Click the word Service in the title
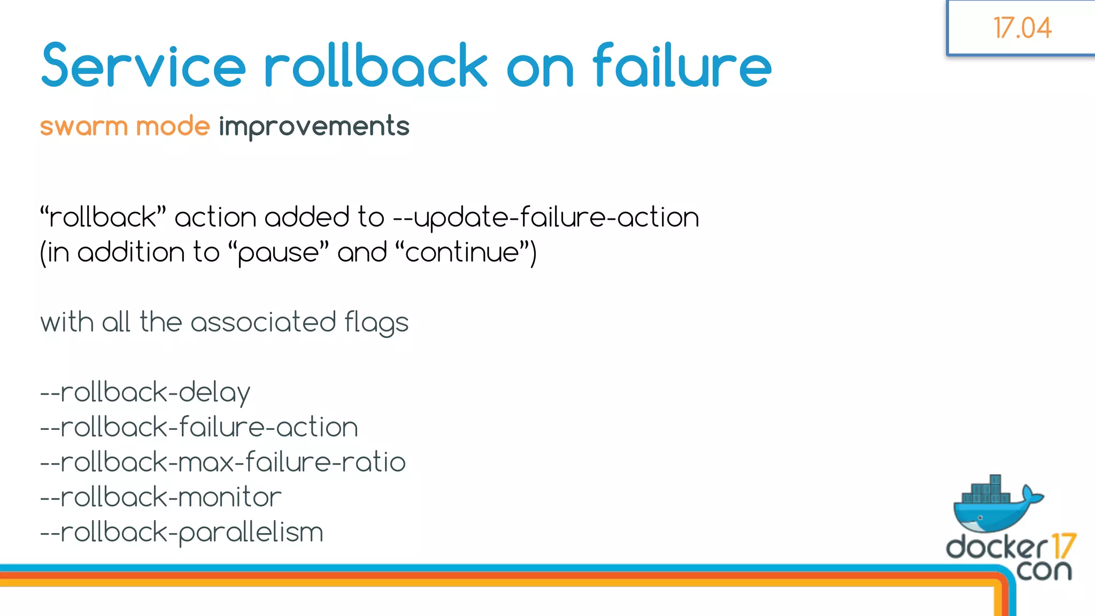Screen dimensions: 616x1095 point(143,66)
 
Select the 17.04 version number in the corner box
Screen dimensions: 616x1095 point(1022,28)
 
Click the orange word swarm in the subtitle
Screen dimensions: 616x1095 point(84,127)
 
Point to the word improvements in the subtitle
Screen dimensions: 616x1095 point(314,127)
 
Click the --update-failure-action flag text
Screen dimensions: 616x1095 point(546,218)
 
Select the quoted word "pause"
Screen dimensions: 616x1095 point(278,252)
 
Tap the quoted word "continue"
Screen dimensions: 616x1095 point(462,252)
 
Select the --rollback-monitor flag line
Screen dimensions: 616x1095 point(160,497)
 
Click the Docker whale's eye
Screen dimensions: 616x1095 point(980,518)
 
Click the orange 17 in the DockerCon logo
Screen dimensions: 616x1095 point(1063,546)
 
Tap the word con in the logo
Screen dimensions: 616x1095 point(1044,571)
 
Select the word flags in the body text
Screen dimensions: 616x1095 point(376,323)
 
